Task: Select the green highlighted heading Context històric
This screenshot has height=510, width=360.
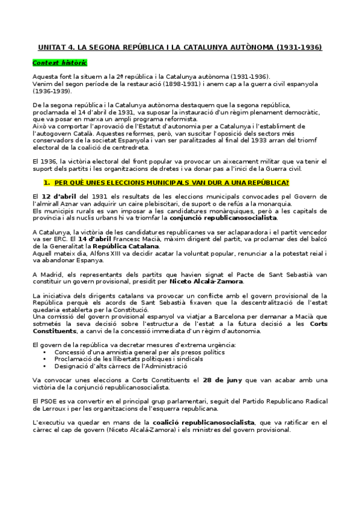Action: click(x=59, y=63)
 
